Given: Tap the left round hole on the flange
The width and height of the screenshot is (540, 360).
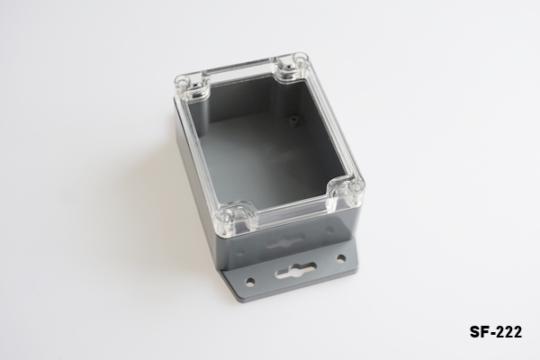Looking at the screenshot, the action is coord(251,281).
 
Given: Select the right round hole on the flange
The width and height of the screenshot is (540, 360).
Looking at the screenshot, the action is coord(341,257).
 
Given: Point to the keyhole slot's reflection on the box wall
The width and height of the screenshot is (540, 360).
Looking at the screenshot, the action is coord(284,242).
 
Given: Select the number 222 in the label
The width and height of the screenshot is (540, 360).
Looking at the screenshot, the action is coord(510,332).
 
